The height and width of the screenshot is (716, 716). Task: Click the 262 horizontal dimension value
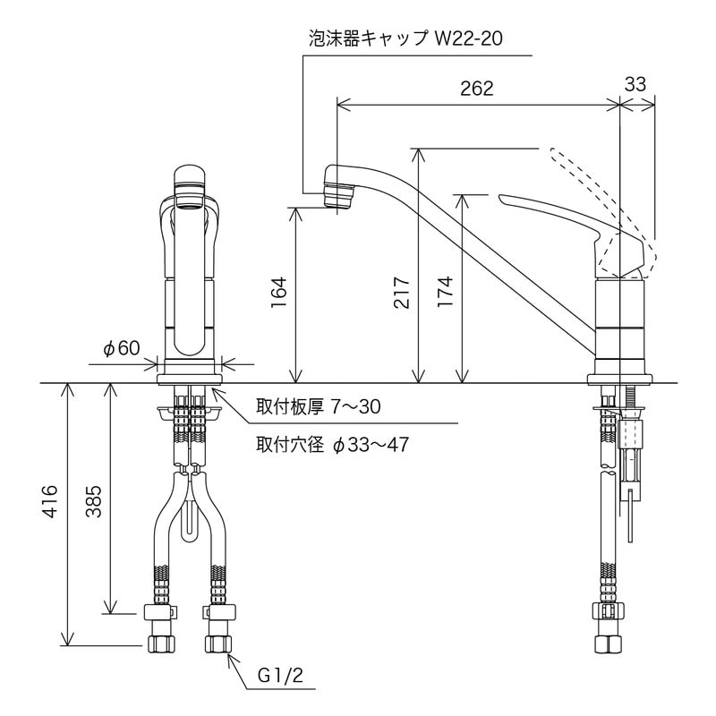(476, 88)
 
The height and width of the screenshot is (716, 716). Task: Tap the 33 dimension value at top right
(635, 84)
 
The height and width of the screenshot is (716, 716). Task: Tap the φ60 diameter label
(121, 348)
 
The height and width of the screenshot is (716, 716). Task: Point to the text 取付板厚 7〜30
(318, 407)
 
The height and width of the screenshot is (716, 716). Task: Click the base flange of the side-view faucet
(620, 376)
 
